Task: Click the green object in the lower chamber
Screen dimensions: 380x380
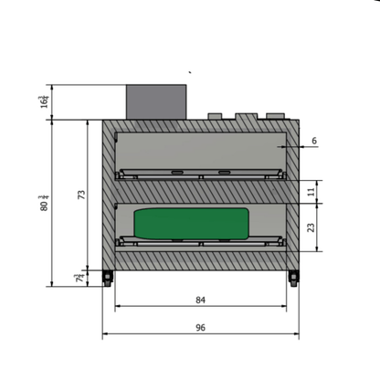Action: click(191, 223)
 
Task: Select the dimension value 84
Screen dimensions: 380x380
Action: click(199, 299)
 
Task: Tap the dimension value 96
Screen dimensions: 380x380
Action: click(199, 325)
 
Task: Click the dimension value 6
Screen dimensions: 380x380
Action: click(313, 141)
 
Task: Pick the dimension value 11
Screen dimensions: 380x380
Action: click(313, 192)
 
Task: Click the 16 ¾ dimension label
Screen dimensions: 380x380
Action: click(45, 100)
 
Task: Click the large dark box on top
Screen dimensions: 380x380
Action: click(156, 101)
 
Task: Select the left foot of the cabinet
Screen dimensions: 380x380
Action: click(109, 278)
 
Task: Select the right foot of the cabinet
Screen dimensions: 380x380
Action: click(293, 278)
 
